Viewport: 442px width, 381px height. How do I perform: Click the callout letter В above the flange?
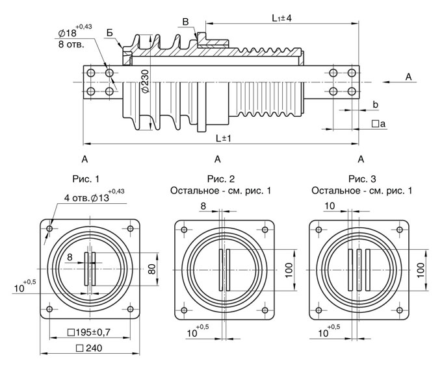(186, 23)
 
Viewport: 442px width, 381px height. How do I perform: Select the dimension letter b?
(375, 104)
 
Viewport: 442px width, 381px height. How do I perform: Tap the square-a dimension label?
(378, 123)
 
